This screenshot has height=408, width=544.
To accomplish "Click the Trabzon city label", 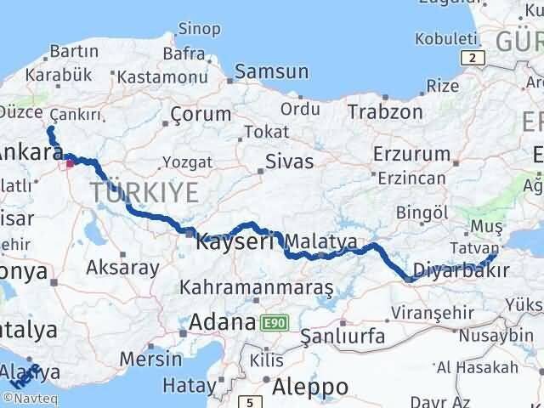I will pyautogui.click(x=384, y=111).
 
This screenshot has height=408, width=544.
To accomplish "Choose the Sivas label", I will pyautogui.click(x=289, y=161).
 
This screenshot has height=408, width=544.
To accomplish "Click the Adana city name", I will pyautogui.click(x=224, y=322).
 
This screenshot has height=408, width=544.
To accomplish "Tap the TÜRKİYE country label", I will pyautogui.click(x=144, y=192).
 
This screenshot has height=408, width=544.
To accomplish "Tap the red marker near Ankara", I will pyautogui.click(x=70, y=164).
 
